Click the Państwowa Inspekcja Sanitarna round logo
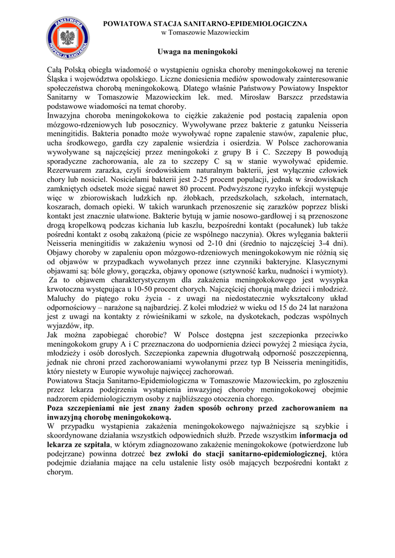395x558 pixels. click(68, 38)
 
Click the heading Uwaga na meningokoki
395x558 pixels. click(197, 52)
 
